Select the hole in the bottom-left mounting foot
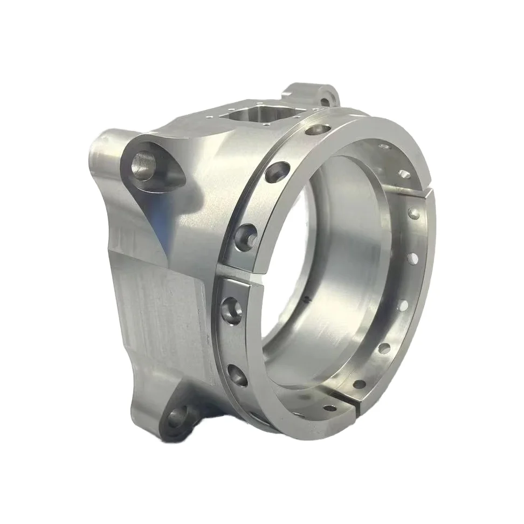pos(177,416)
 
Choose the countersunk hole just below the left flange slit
pos(230,311)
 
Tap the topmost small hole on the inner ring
pos(383,146)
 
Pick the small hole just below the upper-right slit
pos(414,214)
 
